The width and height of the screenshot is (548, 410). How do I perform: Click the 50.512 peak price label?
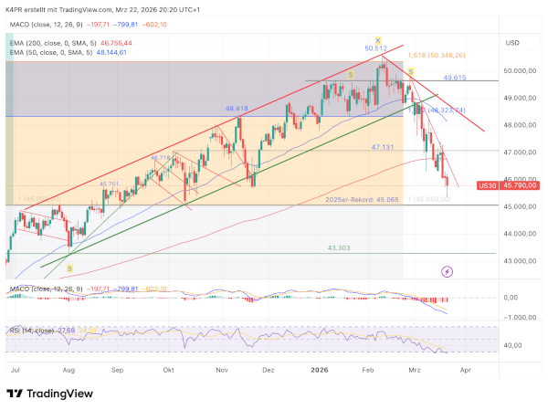pos(375,47)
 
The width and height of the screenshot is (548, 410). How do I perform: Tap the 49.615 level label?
pos(456,79)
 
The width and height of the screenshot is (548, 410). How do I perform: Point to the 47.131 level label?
pos(382,146)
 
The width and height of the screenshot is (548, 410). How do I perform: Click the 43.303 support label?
pos(339,247)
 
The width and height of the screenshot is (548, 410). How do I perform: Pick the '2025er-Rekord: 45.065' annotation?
pos(362,199)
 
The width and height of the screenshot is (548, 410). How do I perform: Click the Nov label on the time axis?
pos(220,370)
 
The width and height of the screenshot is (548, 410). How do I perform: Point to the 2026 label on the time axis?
pos(318,370)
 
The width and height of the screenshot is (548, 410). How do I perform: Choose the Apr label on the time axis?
pos(467,370)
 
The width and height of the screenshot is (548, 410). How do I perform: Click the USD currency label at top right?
pos(512,42)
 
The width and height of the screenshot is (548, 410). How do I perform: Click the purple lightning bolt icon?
pos(447,271)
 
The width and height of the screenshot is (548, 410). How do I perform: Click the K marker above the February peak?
pos(377,40)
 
